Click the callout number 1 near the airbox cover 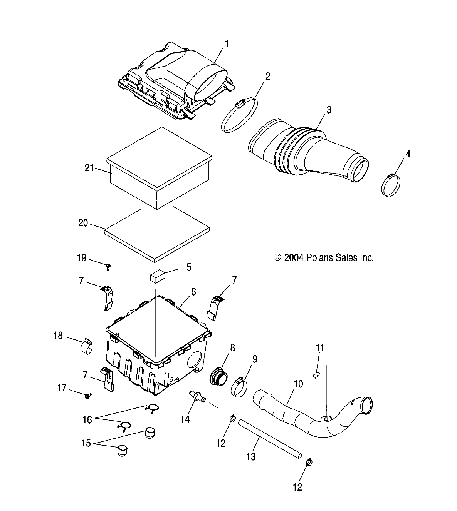(227, 43)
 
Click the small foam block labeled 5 (157, 277)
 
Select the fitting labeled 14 (196, 396)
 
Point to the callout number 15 (86, 443)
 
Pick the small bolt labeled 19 (109, 266)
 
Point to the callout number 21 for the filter (89, 168)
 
